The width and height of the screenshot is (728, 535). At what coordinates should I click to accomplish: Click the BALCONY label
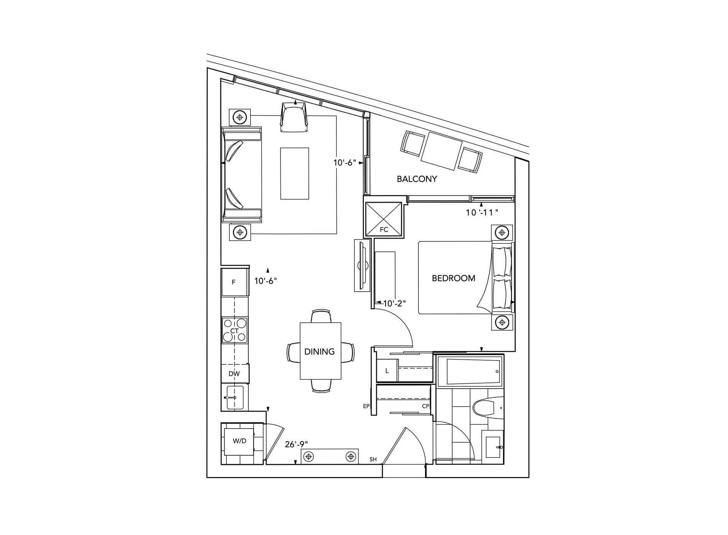click(416, 179)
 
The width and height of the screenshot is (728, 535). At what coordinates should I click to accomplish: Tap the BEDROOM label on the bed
click(453, 278)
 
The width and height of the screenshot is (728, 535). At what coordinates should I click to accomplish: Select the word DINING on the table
click(319, 351)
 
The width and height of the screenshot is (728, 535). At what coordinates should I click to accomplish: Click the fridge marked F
click(234, 282)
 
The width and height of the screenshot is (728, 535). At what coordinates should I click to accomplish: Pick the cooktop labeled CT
click(234, 330)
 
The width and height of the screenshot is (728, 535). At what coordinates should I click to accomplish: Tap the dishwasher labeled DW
click(234, 373)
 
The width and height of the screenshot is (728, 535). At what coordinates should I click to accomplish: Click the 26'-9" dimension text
click(297, 444)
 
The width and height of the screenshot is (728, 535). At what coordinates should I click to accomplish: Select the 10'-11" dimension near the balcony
click(482, 212)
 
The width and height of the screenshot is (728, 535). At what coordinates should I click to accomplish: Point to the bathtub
click(469, 371)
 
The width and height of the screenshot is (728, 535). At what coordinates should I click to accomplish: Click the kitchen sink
click(234, 397)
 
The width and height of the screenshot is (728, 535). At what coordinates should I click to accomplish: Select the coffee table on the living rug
click(294, 174)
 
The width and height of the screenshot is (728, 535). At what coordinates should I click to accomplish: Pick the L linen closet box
click(387, 371)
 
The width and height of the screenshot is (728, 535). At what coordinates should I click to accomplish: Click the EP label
click(366, 406)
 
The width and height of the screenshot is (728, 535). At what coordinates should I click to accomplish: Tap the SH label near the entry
click(373, 460)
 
